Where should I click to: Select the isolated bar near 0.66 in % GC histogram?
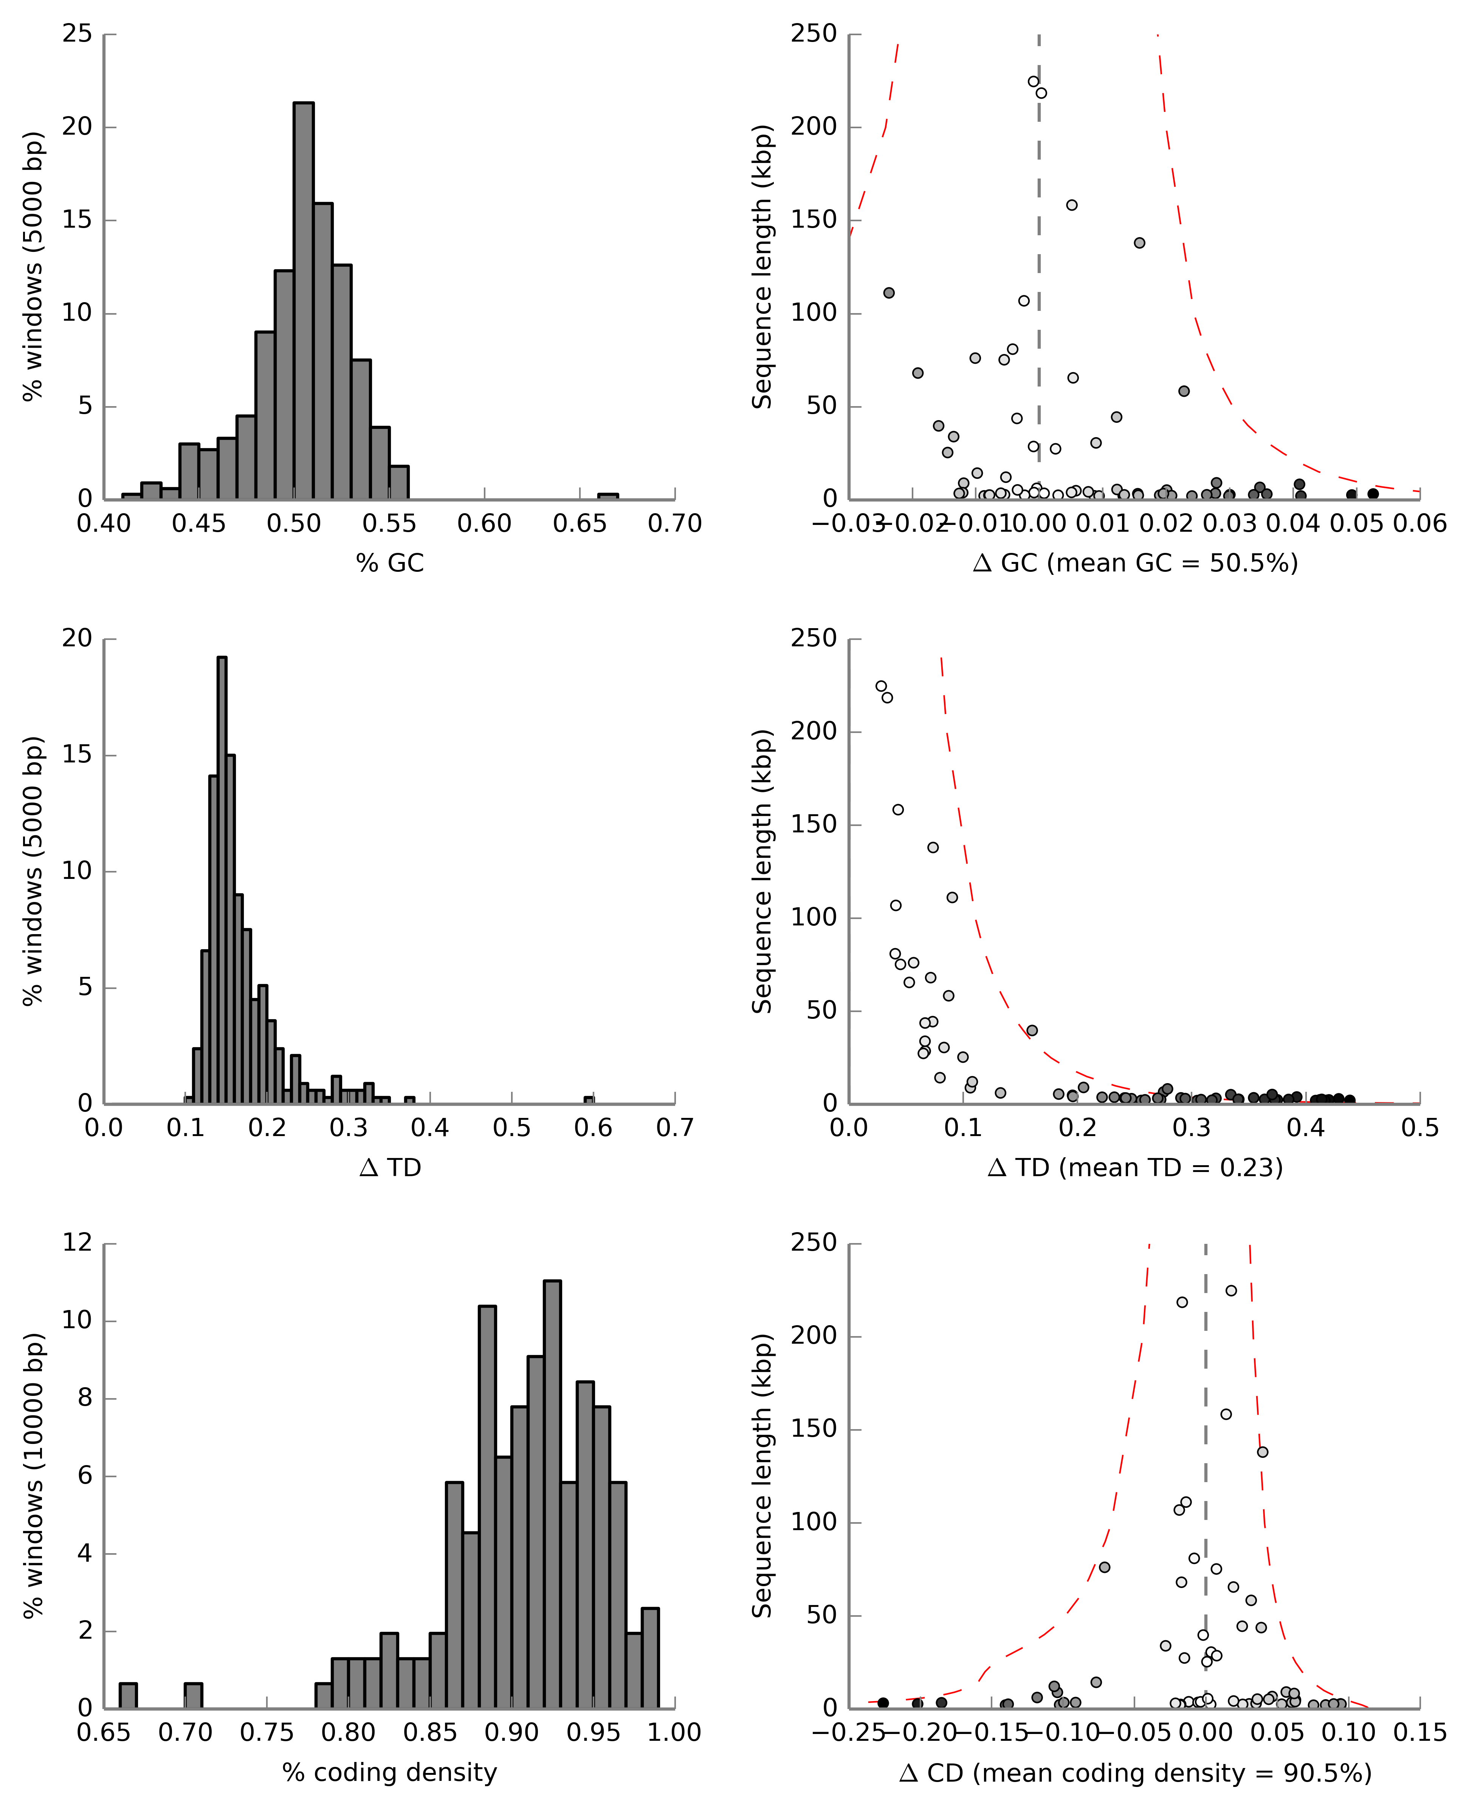(607, 496)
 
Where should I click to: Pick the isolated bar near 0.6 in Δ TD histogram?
(589, 1100)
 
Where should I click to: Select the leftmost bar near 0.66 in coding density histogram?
(128, 1696)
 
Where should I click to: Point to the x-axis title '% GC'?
(389, 563)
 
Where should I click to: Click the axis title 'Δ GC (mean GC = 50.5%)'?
(1135, 563)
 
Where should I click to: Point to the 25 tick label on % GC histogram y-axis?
(77, 34)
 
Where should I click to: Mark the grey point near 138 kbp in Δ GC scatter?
(1139, 243)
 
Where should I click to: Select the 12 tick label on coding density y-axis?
(77, 1243)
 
